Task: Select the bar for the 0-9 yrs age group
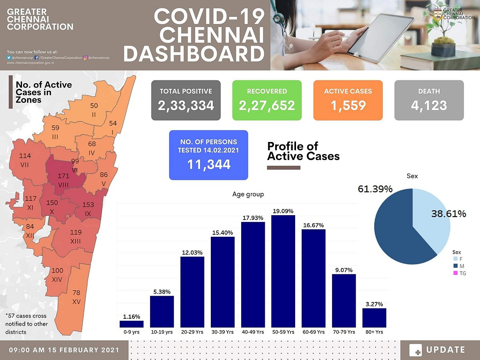(x=131, y=324)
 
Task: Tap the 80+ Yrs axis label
(x=374, y=332)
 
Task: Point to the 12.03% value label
(x=192, y=252)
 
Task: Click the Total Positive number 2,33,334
(x=186, y=105)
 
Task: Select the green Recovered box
(x=267, y=100)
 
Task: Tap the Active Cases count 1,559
(x=348, y=105)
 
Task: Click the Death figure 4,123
(x=429, y=105)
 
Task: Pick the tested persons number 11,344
(x=208, y=164)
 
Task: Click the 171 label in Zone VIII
(x=63, y=176)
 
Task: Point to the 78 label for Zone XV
(x=76, y=293)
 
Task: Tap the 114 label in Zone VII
(x=25, y=156)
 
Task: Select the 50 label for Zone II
(x=94, y=106)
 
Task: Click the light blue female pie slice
(x=434, y=224)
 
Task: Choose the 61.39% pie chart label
(x=375, y=189)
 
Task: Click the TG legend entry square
(x=455, y=274)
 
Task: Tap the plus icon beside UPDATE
(x=416, y=350)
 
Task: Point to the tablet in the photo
(x=380, y=38)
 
